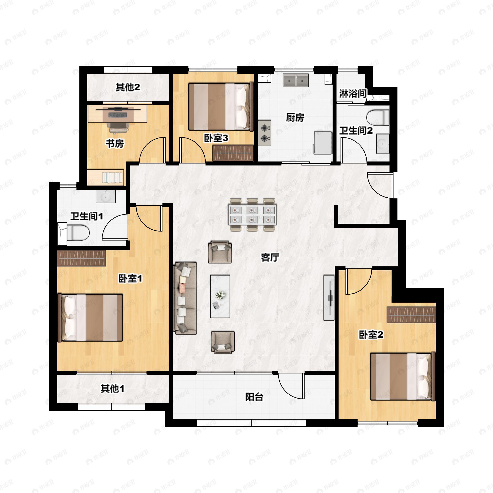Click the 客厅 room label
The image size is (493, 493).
[270, 257]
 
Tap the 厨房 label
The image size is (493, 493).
[295, 118]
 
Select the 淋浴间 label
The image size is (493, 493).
[353, 94]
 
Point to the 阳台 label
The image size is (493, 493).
[254, 397]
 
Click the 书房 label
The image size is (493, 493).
[115, 143]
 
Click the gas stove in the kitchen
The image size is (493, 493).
[265, 133]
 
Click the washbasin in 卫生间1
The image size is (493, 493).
[106, 197]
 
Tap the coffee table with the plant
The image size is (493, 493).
[220, 296]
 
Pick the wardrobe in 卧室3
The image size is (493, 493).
[233, 153]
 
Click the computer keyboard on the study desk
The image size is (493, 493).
[118, 115]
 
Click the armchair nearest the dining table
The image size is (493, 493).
[220, 252]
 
